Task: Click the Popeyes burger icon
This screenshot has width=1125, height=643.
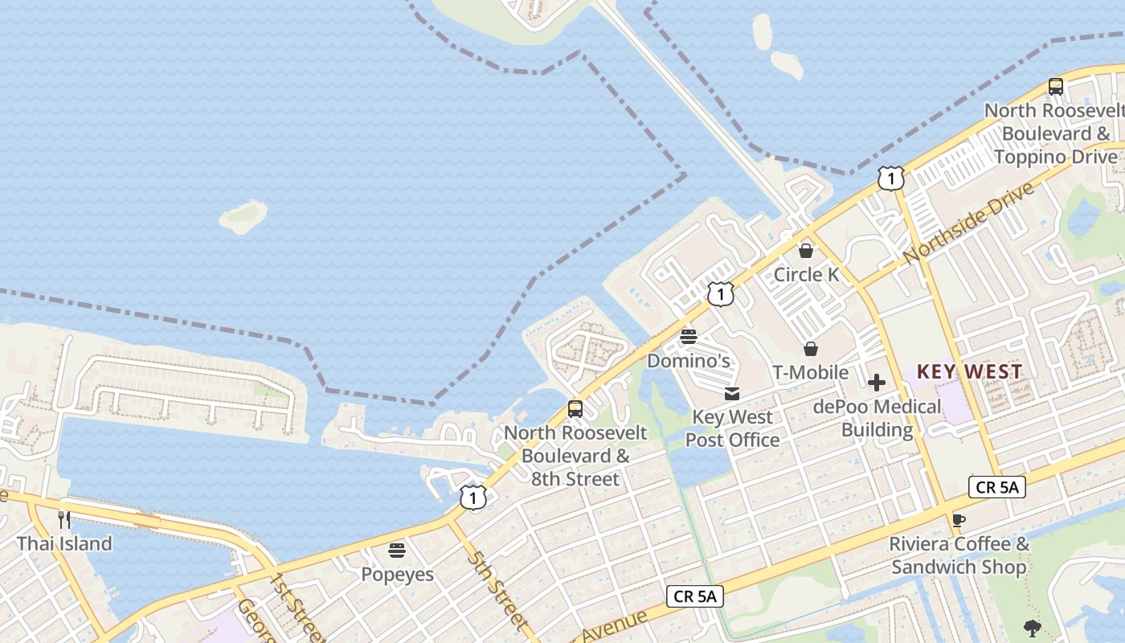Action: click(x=397, y=551)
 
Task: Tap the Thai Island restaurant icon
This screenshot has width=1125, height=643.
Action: click(x=64, y=519)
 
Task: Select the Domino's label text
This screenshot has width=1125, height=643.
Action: click(x=689, y=361)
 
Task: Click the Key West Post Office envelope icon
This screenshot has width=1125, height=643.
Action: click(x=732, y=394)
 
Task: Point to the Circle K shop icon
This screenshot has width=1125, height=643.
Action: click(x=806, y=251)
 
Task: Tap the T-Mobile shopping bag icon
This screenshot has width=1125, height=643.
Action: click(x=811, y=349)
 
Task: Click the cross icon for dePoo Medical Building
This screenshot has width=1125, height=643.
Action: click(x=877, y=383)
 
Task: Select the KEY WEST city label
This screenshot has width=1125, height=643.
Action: click(x=970, y=371)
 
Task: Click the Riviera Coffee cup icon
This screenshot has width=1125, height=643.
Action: click(x=958, y=520)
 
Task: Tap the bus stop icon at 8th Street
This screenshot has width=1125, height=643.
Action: click(x=575, y=408)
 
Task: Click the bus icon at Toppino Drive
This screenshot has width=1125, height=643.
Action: click(x=1056, y=87)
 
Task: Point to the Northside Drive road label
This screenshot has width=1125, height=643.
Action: click(x=967, y=224)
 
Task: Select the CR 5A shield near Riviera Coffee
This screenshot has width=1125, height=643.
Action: click(x=997, y=487)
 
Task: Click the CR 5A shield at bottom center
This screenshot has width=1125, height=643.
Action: click(x=695, y=596)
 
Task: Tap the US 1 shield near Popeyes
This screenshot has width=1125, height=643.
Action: click(x=473, y=498)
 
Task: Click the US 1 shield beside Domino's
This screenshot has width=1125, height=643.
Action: click(x=721, y=294)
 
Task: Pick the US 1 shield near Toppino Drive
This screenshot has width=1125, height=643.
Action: click(x=891, y=178)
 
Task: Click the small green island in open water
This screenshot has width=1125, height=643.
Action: click(x=243, y=216)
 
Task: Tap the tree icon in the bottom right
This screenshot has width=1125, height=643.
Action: click(x=1033, y=629)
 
